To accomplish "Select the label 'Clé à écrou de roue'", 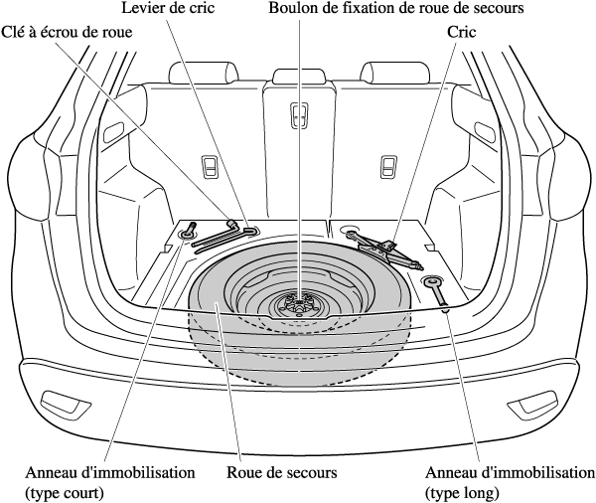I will (68, 32).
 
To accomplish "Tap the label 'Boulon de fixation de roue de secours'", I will (396, 9).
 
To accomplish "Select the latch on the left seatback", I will (211, 165).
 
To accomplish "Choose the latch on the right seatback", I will (388, 165).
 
